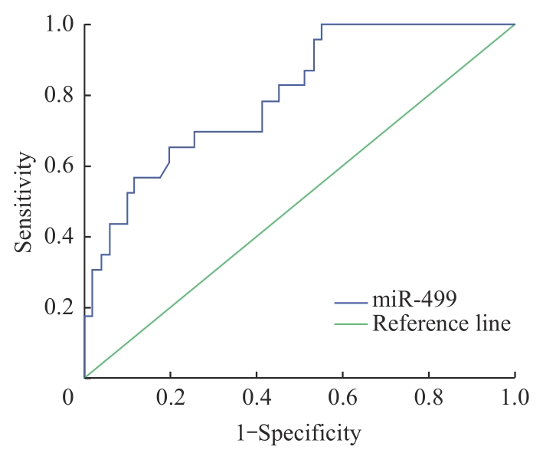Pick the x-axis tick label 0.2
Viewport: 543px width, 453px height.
click(170, 397)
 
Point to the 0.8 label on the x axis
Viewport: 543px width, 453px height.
click(428, 397)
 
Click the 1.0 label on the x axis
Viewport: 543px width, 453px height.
click(514, 397)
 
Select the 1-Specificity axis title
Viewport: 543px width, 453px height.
click(299, 433)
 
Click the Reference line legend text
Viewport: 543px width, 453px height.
click(441, 323)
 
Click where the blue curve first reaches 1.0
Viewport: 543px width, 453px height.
click(322, 25)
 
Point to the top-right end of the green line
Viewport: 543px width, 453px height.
click(514, 25)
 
